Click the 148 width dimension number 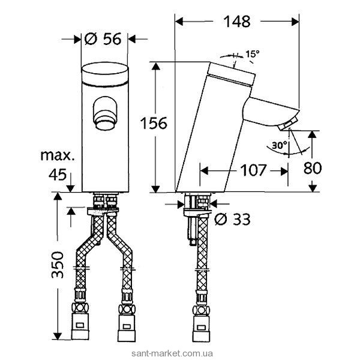tap(237, 22)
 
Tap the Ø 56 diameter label tap(103, 38)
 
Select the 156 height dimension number tap(154, 123)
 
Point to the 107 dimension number tap(253, 170)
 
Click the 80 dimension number tap(313, 168)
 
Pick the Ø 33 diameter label tap(232, 219)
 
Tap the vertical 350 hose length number tap(58, 265)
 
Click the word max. tap(57, 155)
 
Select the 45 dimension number tap(58, 175)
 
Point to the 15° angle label tap(253, 54)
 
